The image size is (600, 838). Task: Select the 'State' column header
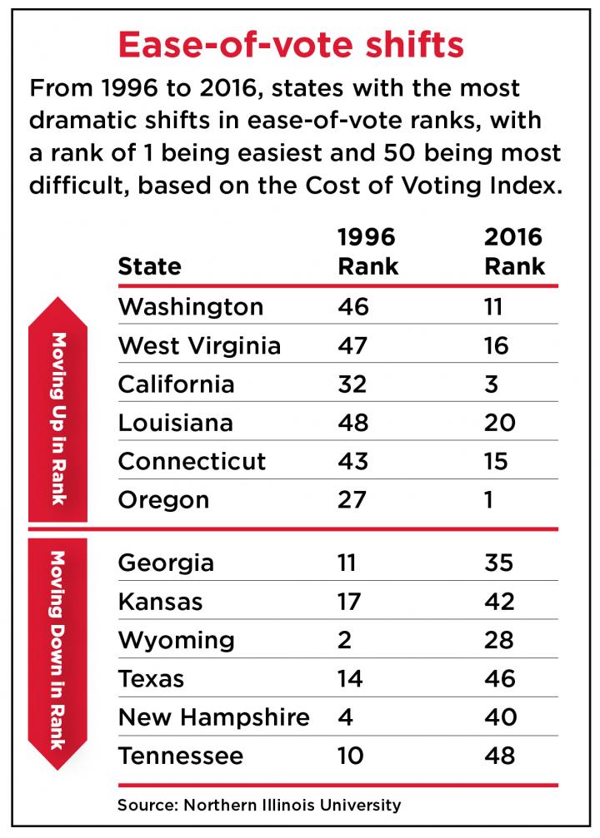(149, 266)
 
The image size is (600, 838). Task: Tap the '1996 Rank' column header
(367, 251)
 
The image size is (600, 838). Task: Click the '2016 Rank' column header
(514, 251)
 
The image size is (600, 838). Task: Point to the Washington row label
(191, 306)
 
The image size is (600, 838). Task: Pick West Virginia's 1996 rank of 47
(353, 345)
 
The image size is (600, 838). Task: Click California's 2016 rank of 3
(494, 384)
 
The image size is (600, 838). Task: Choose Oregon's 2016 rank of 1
(491, 500)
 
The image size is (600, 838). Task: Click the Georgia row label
(166, 563)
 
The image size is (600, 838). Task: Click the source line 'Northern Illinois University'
(259, 805)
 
